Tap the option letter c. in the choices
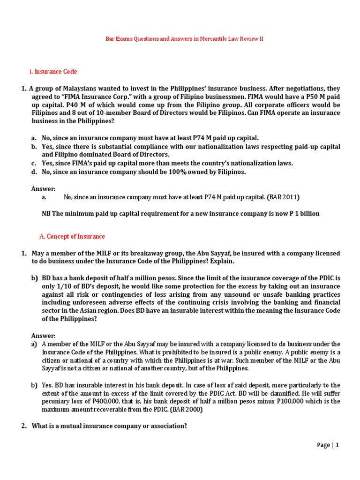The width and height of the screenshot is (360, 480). click(x=34, y=163)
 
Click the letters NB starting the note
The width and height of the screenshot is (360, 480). click(x=46, y=214)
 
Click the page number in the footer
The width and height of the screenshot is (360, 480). click(x=337, y=445)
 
